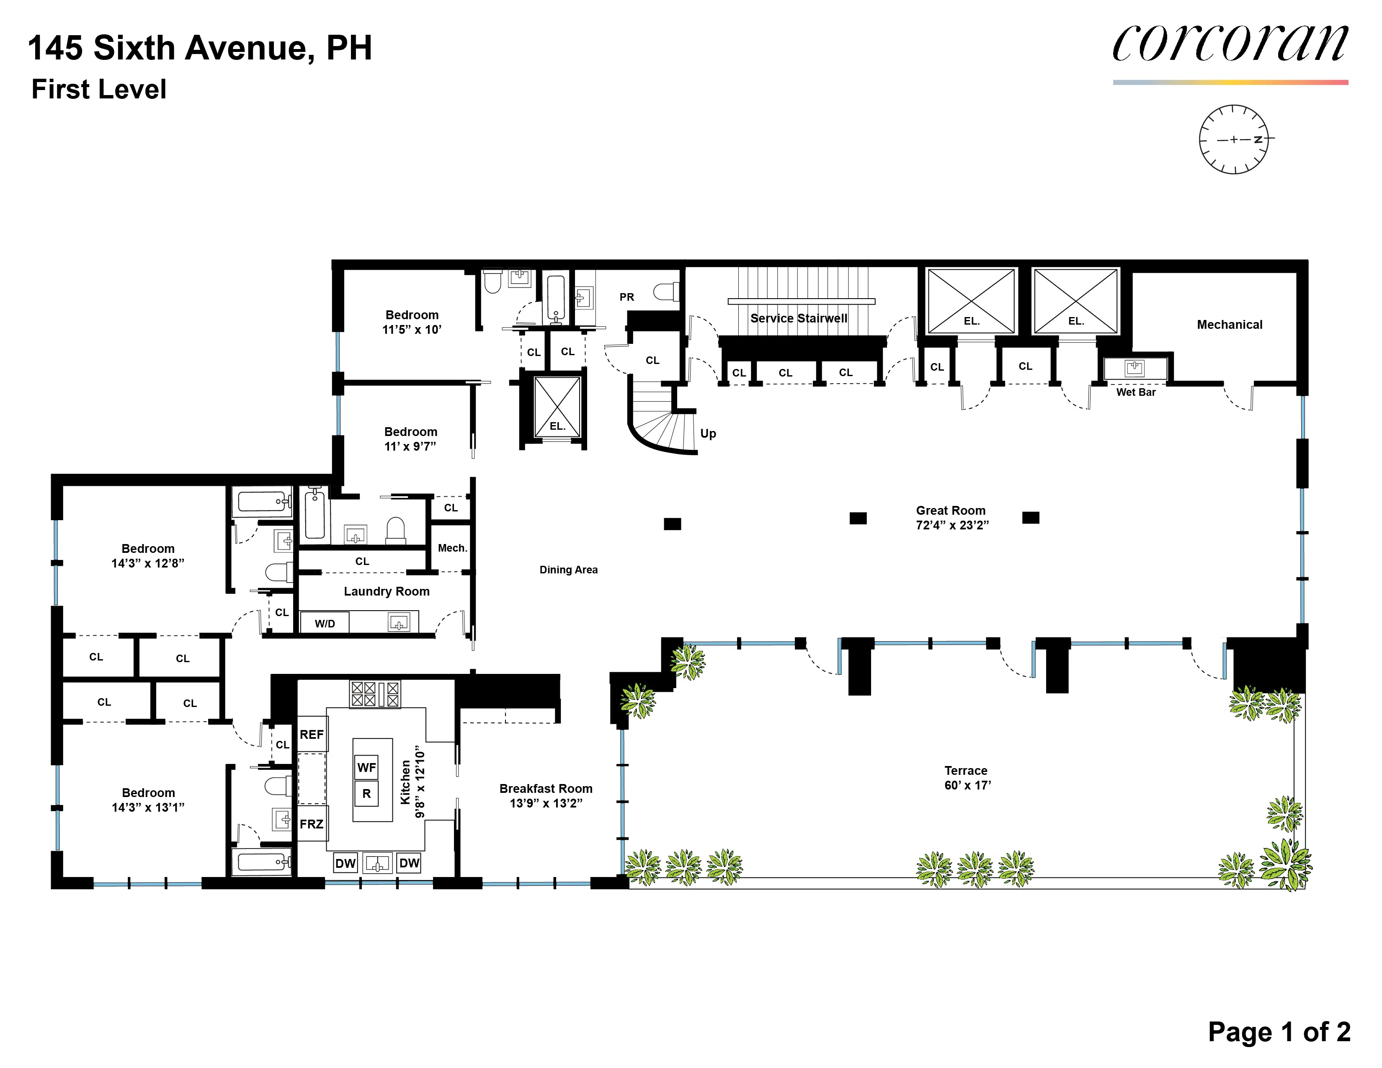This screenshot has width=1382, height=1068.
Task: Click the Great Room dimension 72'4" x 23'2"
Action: coord(952,525)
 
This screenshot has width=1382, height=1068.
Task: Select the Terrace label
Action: coord(966,771)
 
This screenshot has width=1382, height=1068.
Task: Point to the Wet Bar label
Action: coord(1136,392)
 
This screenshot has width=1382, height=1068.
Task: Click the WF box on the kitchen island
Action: coord(366,767)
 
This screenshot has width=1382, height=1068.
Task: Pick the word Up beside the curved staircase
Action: coord(708,433)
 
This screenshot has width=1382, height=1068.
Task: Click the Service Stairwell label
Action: coord(799,318)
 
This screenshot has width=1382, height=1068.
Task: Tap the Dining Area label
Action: coord(568,570)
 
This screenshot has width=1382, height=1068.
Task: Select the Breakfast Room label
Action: coord(545,788)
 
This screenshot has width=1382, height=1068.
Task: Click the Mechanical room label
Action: coord(1229,325)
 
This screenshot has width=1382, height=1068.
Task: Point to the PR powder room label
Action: coord(627,297)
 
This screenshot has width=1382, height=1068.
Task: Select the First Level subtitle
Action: coord(99,89)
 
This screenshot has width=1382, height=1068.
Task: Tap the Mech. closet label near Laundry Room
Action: coord(452,548)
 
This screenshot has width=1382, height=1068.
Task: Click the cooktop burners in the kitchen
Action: coord(375,694)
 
